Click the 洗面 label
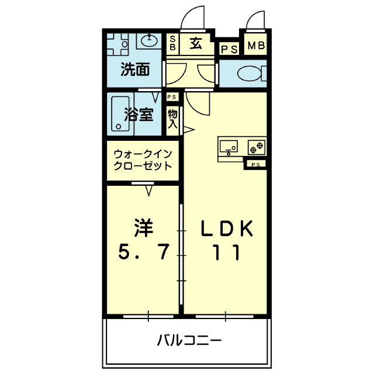click(x=134, y=70)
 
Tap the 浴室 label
click(x=140, y=114)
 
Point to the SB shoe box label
click(x=173, y=43)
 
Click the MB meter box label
click(x=255, y=46)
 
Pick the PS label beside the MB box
click(x=229, y=49)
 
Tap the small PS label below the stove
click(x=255, y=165)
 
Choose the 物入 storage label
click(x=172, y=119)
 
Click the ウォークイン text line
click(x=143, y=154)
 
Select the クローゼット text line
click(x=143, y=166)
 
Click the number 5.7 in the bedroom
click(x=144, y=252)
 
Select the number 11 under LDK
click(x=224, y=253)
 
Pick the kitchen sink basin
click(x=229, y=146)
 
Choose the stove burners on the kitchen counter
click(x=257, y=146)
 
